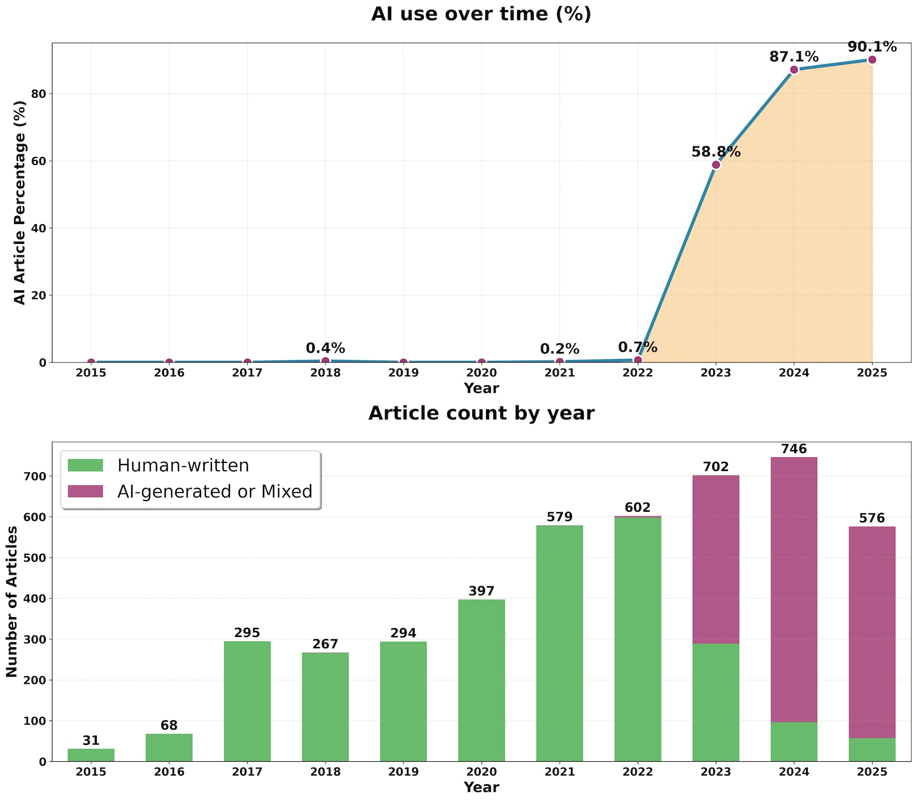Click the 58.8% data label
(716, 152)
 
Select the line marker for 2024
(794, 70)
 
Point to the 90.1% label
(872, 47)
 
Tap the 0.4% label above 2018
(325, 348)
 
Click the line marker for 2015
(91, 363)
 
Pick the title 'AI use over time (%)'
(481, 14)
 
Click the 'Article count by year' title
(481, 413)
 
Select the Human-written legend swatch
(86, 465)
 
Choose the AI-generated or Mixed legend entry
(214, 491)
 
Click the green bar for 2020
(481, 680)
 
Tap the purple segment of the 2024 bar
(794, 589)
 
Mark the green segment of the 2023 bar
(716, 703)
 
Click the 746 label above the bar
(794, 449)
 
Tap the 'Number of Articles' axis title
(12, 601)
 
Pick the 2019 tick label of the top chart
(403, 373)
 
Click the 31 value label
(91, 740)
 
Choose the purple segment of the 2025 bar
(872, 632)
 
